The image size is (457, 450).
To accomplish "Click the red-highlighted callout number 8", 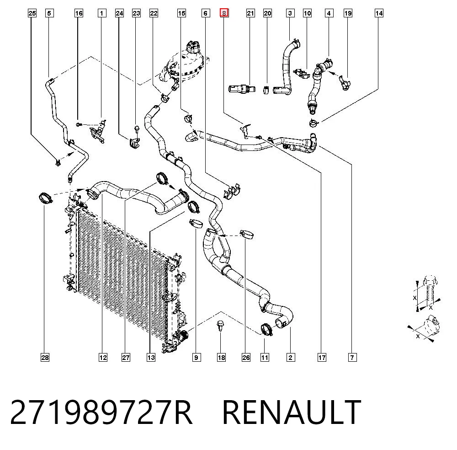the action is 224,13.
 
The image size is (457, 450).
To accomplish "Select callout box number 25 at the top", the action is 32,13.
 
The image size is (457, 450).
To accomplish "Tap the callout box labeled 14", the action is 379,13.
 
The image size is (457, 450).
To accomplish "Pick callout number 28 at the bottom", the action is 45,358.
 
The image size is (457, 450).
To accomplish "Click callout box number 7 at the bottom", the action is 352,358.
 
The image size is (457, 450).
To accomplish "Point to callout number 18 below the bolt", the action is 221,358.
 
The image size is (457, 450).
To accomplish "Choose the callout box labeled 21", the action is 250,13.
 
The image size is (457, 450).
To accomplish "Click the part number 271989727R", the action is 101,412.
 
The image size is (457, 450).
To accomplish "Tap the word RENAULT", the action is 292,412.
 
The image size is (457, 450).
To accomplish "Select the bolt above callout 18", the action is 221,326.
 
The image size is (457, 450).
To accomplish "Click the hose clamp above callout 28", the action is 45,198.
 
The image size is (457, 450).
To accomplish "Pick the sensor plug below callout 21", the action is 242,89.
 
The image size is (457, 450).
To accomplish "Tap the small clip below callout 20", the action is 266,90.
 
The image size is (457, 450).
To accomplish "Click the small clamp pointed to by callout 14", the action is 314,123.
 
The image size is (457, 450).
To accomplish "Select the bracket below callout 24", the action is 134,143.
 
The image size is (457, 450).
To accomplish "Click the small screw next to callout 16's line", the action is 78,124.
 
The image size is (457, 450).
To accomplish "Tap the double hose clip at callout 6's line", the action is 232,191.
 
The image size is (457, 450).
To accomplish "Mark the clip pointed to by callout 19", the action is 345,82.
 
